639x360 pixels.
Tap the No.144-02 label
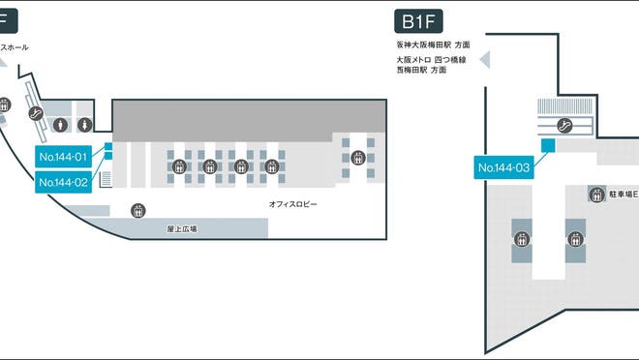click(x=63, y=181)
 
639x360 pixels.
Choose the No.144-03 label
click(x=505, y=167)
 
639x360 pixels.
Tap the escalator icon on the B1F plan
click(x=566, y=124)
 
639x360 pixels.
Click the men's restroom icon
click(x=61, y=124)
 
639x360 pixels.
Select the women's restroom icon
click(x=86, y=124)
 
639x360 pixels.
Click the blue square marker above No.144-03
click(x=547, y=145)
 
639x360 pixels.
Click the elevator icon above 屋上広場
click(x=137, y=210)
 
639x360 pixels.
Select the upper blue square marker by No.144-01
click(x=108, y=147)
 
